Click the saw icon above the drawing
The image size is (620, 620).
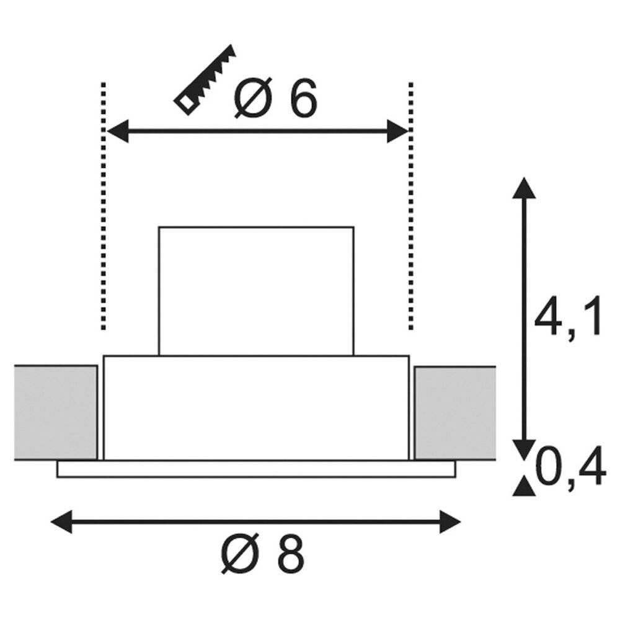click(205, 80)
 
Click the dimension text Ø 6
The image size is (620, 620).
click(276, 97)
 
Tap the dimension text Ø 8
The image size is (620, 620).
click(262, 553)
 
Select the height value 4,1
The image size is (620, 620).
click(567, 319)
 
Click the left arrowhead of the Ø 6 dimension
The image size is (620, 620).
click(118, 131)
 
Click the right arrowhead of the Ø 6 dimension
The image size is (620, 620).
click(397, 131)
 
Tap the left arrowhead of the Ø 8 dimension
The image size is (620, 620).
click(61, 522)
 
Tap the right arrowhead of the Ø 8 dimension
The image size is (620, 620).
click(450, 522)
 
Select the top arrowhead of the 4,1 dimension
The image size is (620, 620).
click(524, 188)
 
